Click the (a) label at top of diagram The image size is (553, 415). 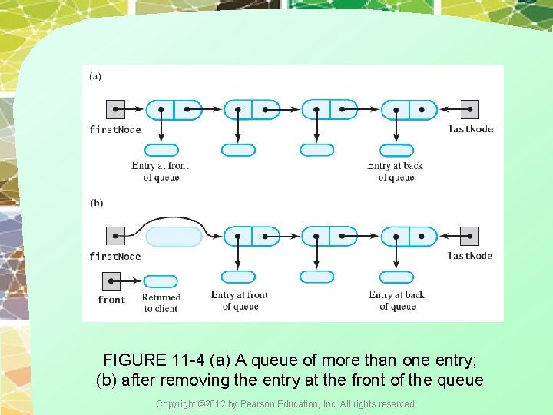coord(95,76)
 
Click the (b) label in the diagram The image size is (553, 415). coord(96,203)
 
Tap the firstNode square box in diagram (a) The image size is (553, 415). coord(114,110)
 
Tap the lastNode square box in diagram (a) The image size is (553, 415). coord(469,110)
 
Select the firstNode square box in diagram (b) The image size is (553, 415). coord(114,236)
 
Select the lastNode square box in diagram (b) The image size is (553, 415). coord(469,236)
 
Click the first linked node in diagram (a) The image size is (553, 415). coord(174,110)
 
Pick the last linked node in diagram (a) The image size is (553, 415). coord(409,110)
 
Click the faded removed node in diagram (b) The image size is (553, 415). coord(174,237)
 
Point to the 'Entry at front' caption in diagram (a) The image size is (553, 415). coord(161,171)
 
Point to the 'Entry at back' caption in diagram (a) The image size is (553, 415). coord(396,171)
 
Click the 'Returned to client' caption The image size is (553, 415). coord(161,303)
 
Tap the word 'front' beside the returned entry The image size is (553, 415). coord(111,300)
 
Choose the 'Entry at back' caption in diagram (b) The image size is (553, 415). coord(396,300)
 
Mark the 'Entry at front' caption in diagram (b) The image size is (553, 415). coord(240,300)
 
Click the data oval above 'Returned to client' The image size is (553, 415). coord(161,281)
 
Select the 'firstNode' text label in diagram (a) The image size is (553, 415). coord(115,129)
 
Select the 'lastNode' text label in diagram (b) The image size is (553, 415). coord(471,255)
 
